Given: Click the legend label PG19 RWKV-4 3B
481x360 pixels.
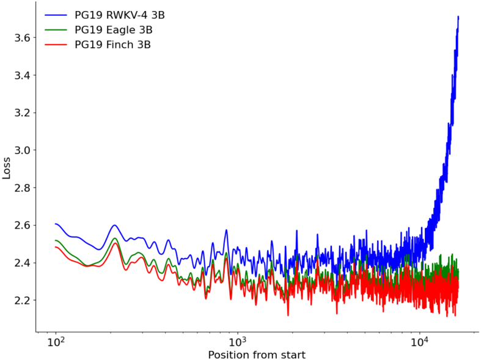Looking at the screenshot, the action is [x=120, y=15].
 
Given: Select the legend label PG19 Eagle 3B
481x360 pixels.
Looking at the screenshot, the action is [x=114, y=30].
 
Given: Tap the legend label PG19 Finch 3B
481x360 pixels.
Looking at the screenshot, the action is [x=112, y=45].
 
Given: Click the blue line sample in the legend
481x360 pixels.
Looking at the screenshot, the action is [x=56, y=15].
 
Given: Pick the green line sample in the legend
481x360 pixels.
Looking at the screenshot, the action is [x=56, y=29].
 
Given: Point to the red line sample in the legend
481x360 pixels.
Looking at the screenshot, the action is [x=56, y=45].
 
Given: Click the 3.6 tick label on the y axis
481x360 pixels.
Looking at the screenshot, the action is [x=22, y=38].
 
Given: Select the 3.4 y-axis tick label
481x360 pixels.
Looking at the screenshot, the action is [x=22, y=75].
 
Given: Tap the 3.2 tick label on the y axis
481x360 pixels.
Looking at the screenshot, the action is [x=22, y=112].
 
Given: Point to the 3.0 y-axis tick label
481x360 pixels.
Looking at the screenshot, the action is [x=22, y=150].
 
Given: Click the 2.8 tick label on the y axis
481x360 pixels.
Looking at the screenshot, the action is [x=22, y=188].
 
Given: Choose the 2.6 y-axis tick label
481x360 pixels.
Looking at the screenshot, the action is [x=22, y=226].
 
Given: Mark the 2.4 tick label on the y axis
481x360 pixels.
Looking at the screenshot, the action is [x=22, y=263].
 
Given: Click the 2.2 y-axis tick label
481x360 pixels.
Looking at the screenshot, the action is [x=22, y=300].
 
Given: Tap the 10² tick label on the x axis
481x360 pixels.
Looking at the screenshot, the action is [x=56, y=341].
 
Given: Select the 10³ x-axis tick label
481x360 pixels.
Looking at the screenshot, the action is [x=237, y=341].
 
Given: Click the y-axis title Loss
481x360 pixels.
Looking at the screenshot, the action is [x=6, y=168].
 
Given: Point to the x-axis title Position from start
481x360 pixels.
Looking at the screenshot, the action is [x=257, y=354].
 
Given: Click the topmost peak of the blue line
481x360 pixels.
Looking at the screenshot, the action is [x=458, y=17].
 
